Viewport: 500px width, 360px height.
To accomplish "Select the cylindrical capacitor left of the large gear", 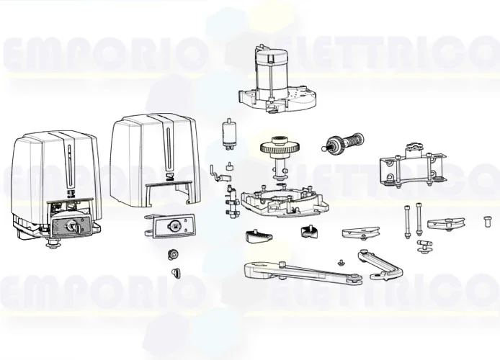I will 229,134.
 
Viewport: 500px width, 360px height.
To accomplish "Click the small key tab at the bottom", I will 174,271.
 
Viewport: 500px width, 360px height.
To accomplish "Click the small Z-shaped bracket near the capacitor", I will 215,172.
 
